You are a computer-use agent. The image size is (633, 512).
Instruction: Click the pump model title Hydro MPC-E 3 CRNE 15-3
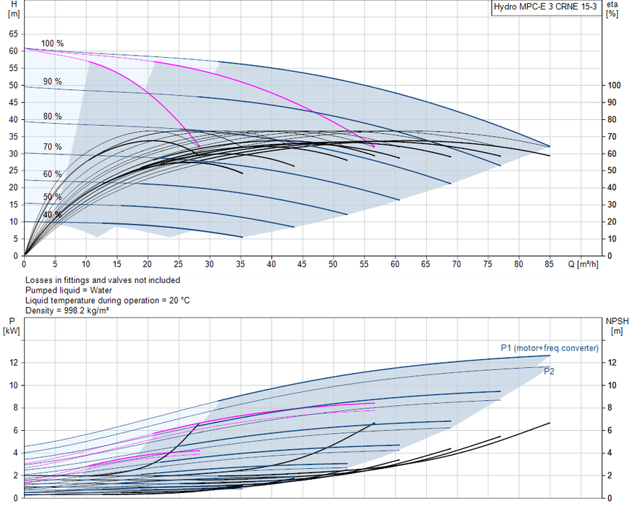click(x=545, y=7)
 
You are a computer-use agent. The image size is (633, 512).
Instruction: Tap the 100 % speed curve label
click(x=52, y=44)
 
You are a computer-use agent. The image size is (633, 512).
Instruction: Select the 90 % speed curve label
click(x=53, y=82)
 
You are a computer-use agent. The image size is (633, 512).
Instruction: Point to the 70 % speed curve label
click(x=53, y=147)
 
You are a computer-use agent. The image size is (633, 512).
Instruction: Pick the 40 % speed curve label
click(x=53, y=214)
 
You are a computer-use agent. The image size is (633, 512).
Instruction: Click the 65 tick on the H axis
click(x=13, y=34)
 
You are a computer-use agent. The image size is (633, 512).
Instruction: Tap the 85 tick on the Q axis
click(x=549, y=264)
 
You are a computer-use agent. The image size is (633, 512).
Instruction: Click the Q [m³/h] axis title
click(x=583, y=264)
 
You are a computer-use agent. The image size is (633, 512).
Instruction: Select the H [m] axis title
click(x=14, y=9)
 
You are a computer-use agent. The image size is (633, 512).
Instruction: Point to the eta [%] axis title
click(x=612, y=10)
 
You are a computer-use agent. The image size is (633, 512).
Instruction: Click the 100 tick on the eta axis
click(x=615, y=86)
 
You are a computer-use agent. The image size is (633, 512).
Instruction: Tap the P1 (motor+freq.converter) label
click(x=550, y=348)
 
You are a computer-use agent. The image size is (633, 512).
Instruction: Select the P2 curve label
click(x=549, y=372)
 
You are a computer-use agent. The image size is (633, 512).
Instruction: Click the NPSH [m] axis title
click(x=617, y=326)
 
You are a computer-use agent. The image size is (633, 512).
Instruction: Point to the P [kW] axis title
click(x=11, y=326)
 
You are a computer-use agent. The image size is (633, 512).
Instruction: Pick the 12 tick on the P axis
click(x=13, y=363)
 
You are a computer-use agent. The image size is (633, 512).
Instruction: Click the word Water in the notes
click(x=101, y=290)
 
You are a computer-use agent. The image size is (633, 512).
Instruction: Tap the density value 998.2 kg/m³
click(x=86, y=310)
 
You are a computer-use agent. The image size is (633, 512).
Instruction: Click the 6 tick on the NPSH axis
click(x=611, y=430)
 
